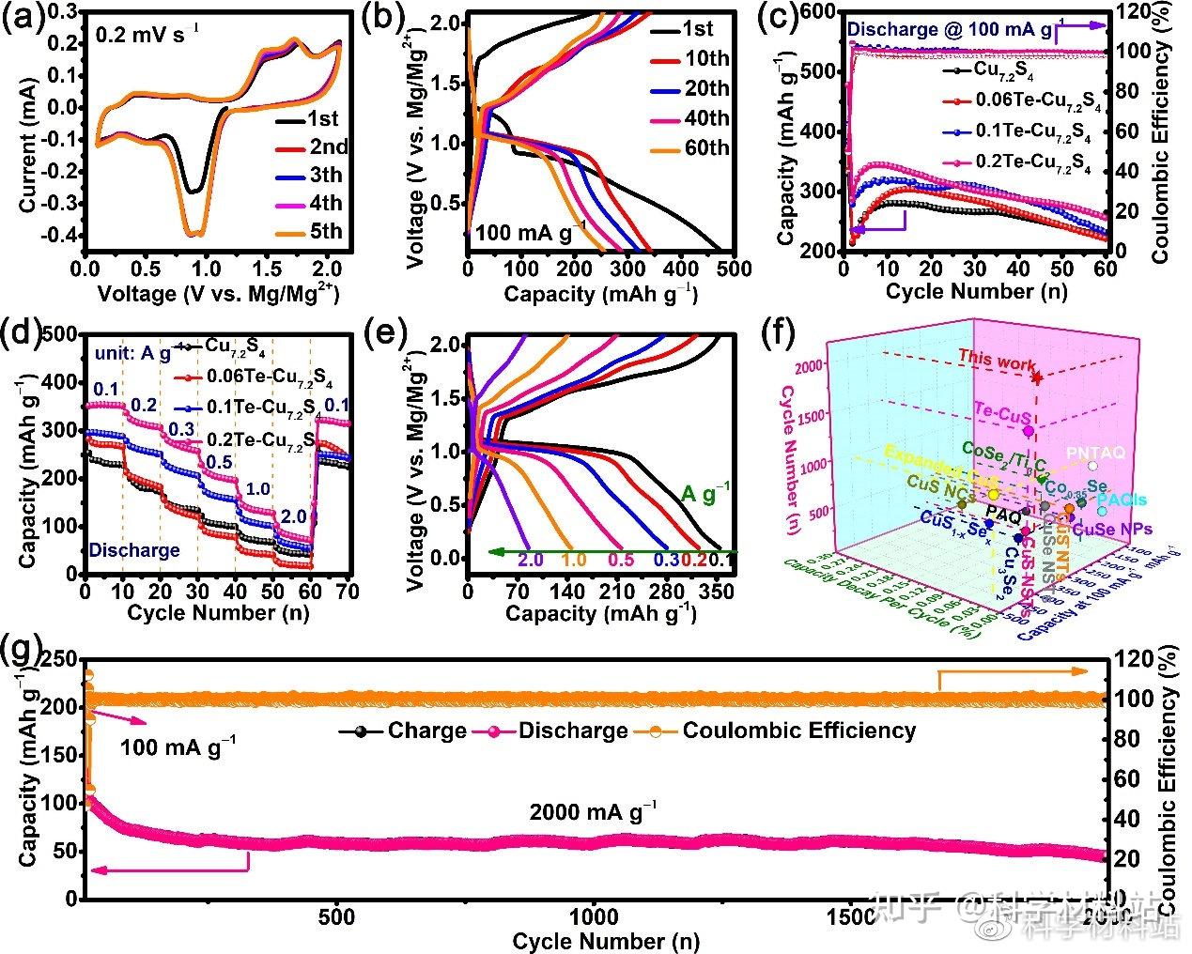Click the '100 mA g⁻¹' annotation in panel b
(530, 229)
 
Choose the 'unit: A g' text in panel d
(132, 354)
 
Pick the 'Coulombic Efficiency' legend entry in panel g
(798, 730)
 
